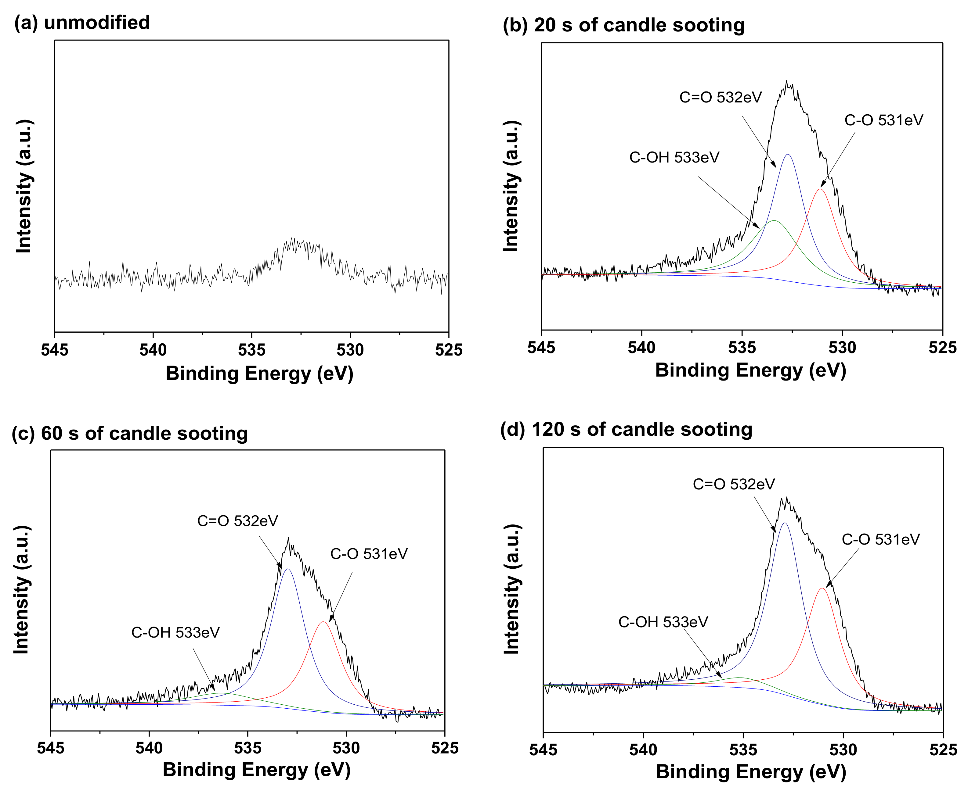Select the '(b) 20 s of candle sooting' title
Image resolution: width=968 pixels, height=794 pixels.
pos(623,25)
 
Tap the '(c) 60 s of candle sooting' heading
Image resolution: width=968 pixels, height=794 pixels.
pos(129,433)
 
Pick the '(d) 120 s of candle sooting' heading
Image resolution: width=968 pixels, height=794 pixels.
pos(626,429)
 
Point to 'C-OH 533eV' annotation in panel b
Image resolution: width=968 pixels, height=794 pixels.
pos(674,157)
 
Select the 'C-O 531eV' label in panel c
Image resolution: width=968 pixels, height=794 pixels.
pos(369,554)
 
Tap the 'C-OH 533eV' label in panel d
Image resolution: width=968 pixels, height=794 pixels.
pos(663,622)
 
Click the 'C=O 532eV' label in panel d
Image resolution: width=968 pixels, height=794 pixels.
pos(734,484)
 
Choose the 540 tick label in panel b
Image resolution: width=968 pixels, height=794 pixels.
pos(642,348)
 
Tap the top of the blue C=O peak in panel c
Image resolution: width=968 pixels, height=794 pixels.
pos(287,569)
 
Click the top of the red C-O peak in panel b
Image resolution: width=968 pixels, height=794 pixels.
pos(820,189)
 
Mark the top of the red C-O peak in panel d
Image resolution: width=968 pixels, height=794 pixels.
pos(822,588)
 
